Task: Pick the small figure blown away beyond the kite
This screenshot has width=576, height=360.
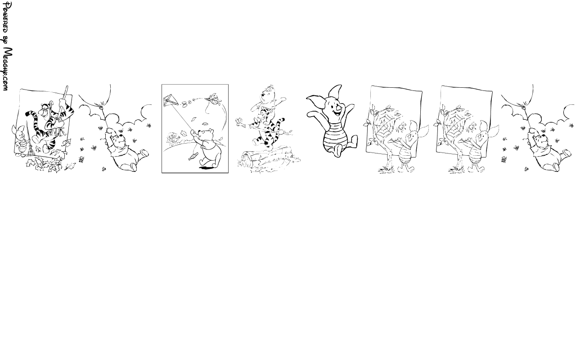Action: point(214,99)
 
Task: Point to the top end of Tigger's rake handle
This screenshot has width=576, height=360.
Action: point(67,87)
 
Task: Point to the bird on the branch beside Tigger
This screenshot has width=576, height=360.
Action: point(240,120)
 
